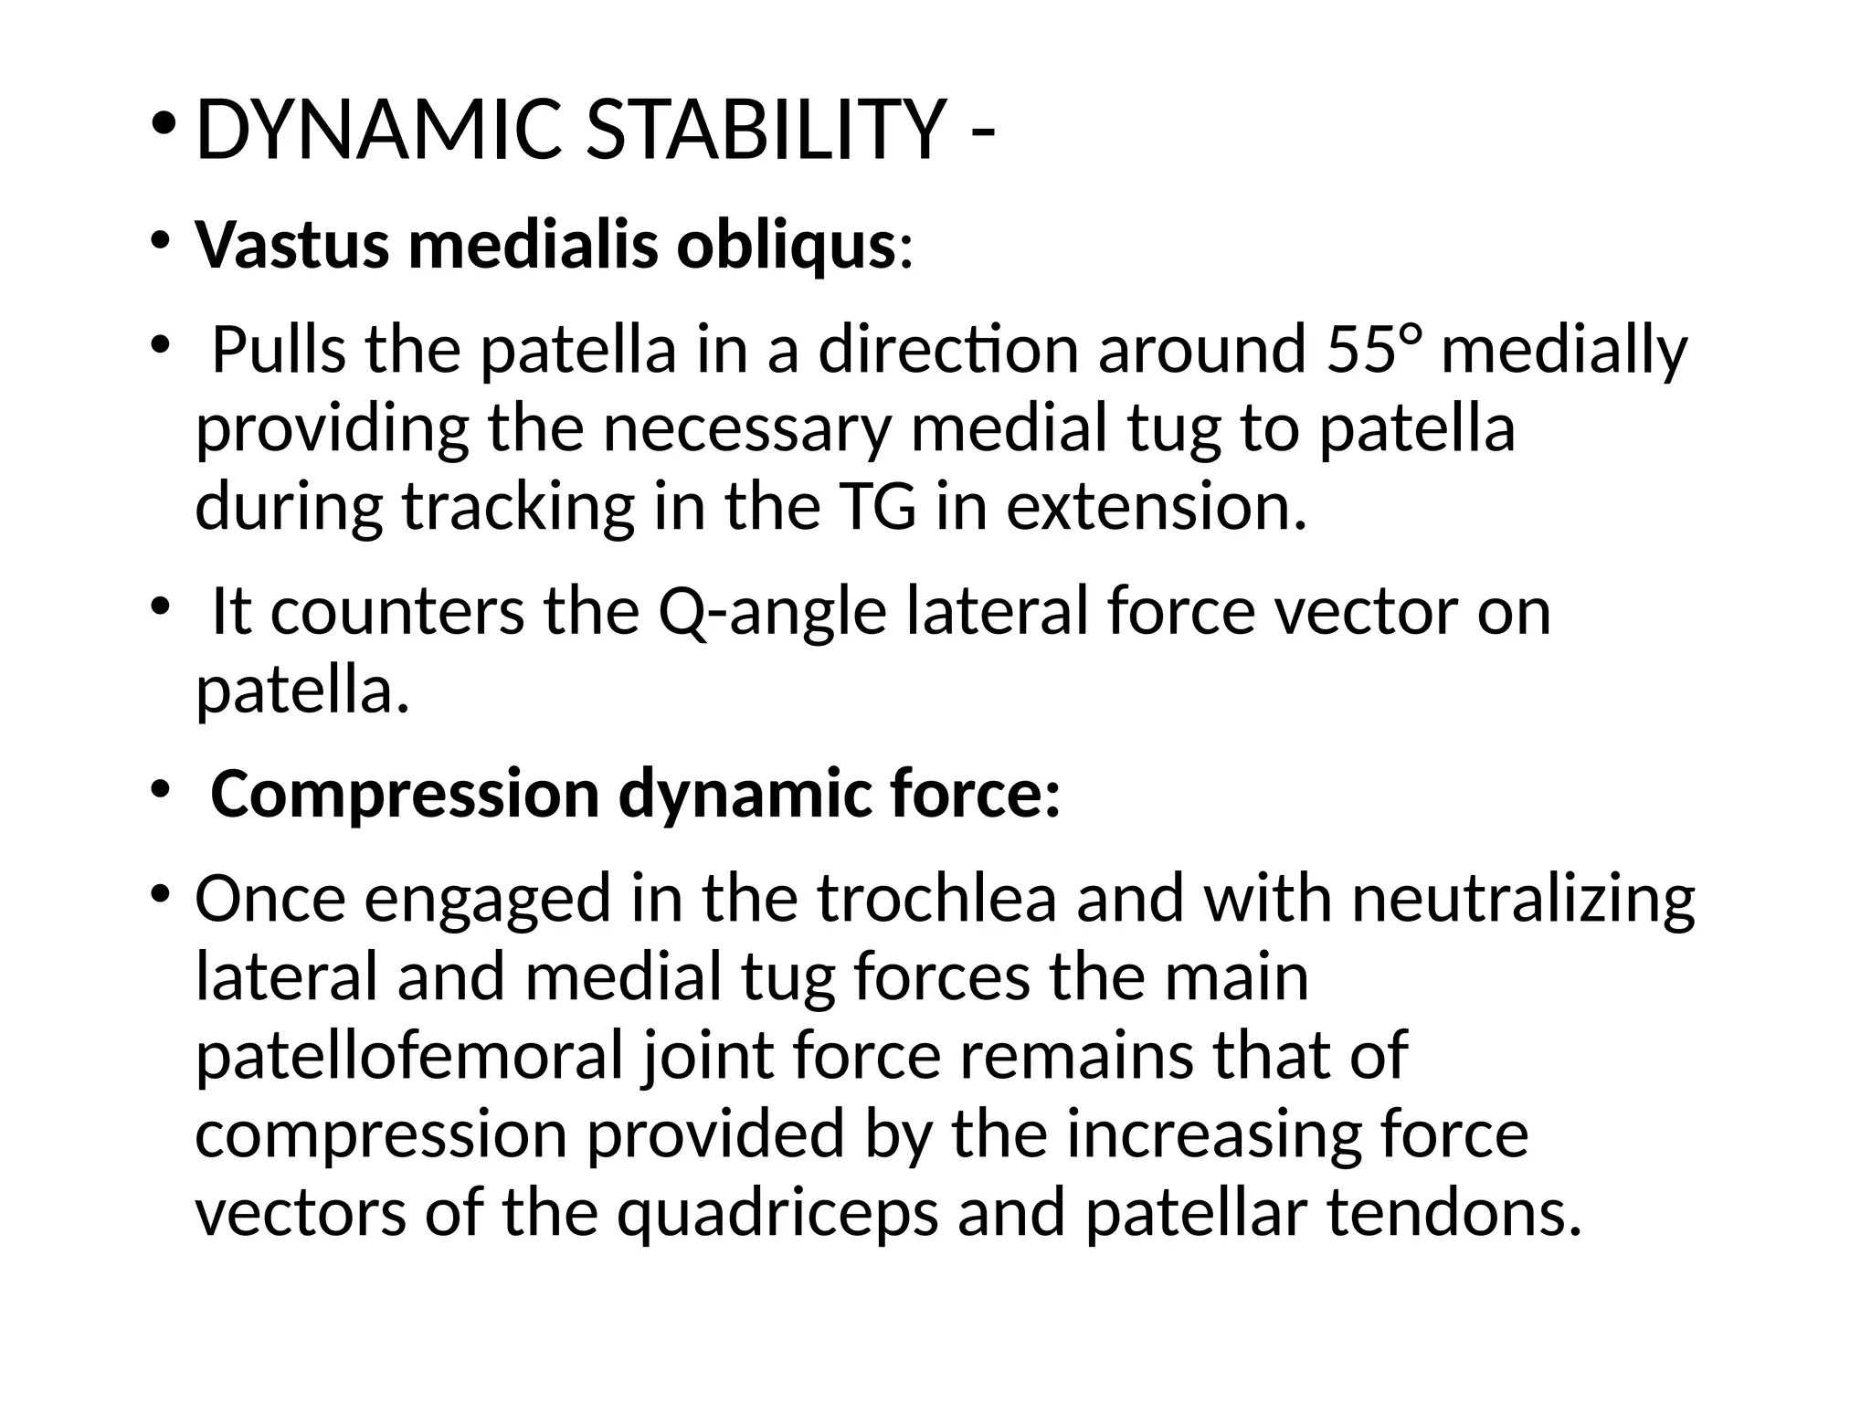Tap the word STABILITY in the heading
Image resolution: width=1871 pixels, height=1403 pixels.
pyautogui.click(x=765, y=131)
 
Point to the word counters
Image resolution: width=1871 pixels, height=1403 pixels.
pyautogui.click(x=397, y=612)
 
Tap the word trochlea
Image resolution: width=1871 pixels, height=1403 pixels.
pyautogui.click(x=936, y=899)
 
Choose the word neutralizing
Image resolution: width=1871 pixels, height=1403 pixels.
pyautogui.click(x=1523, y=899)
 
